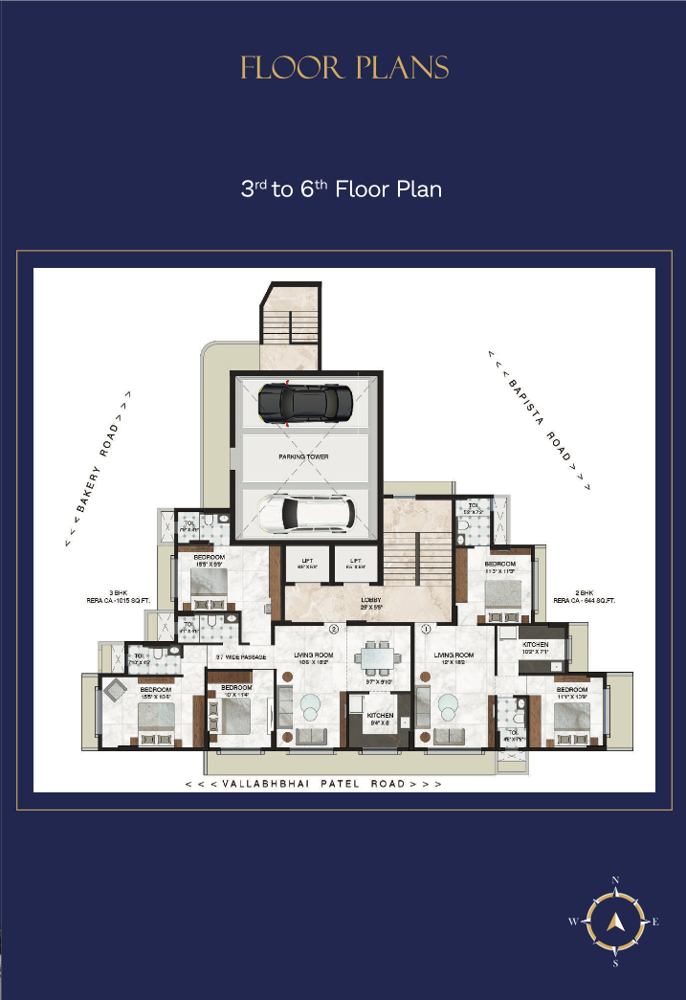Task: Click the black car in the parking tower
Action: click(305, 402)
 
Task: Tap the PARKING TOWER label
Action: click(303, 457)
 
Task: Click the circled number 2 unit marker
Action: click(334, 630)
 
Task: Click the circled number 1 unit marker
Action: click(424, 630)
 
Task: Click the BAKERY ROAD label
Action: click(99, 468)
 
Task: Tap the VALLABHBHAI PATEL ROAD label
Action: click(314, 784)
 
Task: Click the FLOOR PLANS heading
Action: click(344, 68)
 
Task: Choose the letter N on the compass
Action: click(616, 880)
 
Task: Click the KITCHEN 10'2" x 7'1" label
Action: click(535, 649)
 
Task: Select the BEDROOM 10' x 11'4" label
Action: click(235, 691)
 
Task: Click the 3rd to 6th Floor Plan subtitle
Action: click(342, 189)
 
